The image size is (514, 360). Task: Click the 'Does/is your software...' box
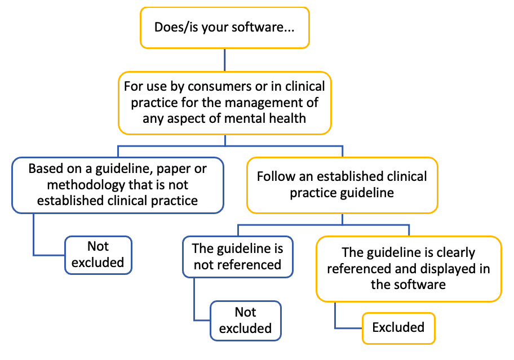(x=225, y=27)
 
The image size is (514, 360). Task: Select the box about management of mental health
(x=225, y=103)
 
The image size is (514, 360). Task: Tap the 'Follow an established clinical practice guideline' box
(x=342, y=185)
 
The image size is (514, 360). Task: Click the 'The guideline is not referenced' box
(x=237, y=256)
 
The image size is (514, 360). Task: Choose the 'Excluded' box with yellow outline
(x=398, y=327)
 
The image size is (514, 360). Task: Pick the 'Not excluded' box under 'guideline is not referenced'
(x=245, y=320)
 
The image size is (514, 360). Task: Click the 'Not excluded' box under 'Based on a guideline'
(x=98, y=255)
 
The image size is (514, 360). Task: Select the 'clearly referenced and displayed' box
(x=409, y=268)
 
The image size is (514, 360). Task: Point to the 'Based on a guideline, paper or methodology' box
(x=117, y=185)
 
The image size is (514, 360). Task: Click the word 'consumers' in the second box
(x=216, y=87)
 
